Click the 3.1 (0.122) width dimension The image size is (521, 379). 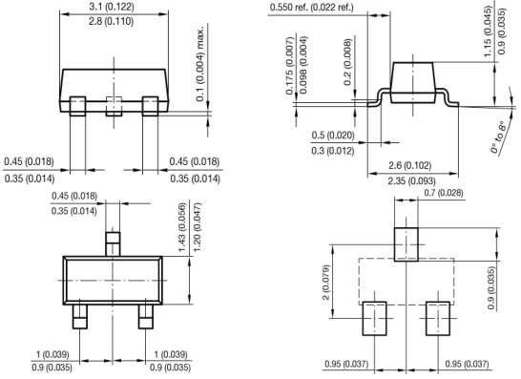112,7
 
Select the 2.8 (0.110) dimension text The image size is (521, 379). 112,22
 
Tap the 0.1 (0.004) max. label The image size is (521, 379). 200,64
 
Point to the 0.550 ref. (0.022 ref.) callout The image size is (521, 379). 311,7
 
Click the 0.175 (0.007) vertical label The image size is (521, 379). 290,66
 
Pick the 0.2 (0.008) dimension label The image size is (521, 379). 347,62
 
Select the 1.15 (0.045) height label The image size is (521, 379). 487,32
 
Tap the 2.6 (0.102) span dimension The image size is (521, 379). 409,165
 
